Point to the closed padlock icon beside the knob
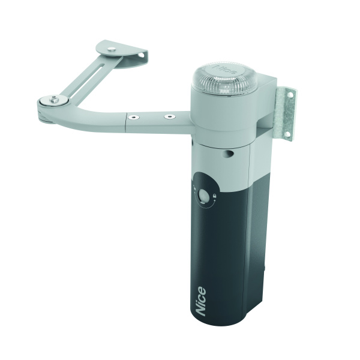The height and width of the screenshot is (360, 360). (x=214, y=196)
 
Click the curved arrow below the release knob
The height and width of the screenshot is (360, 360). (x=206, y=205)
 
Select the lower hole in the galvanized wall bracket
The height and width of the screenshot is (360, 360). (x=287, y=134)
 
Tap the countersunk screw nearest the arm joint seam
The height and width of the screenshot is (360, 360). (x=134, y=118)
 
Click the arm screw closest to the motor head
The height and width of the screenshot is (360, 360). (x=170, y=116)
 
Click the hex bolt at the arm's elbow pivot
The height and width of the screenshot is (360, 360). (x=54, y=99)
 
